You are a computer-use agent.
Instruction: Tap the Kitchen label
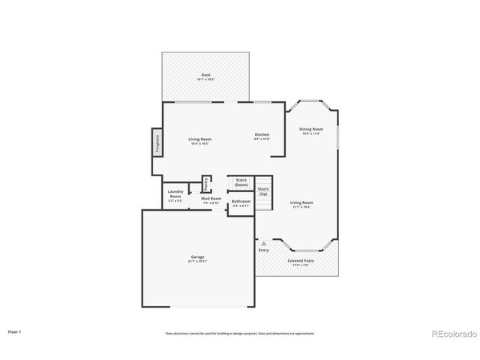(x=260, y=134)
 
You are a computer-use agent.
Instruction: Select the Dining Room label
(x=310, y=129)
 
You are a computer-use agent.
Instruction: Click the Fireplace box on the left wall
(x=157, y=142)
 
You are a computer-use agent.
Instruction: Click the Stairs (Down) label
(x=241, y=182)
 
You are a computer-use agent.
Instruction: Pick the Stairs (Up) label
(x=263, y=191)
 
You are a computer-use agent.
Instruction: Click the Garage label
(x=198, y=256)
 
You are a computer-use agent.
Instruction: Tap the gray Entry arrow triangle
(x=263, y=243)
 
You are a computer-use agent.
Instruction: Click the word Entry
(x=263, y=250)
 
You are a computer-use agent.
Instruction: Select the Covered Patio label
(x=301, y=260)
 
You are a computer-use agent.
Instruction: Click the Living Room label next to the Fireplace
(x=199, y=139)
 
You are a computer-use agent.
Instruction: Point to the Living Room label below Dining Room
(x=301, y=202)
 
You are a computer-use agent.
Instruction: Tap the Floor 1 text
(x=15, y=330)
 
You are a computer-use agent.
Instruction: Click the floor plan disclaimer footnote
(x=239, y=333)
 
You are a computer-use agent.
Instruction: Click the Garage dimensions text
(x=198, y=262)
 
